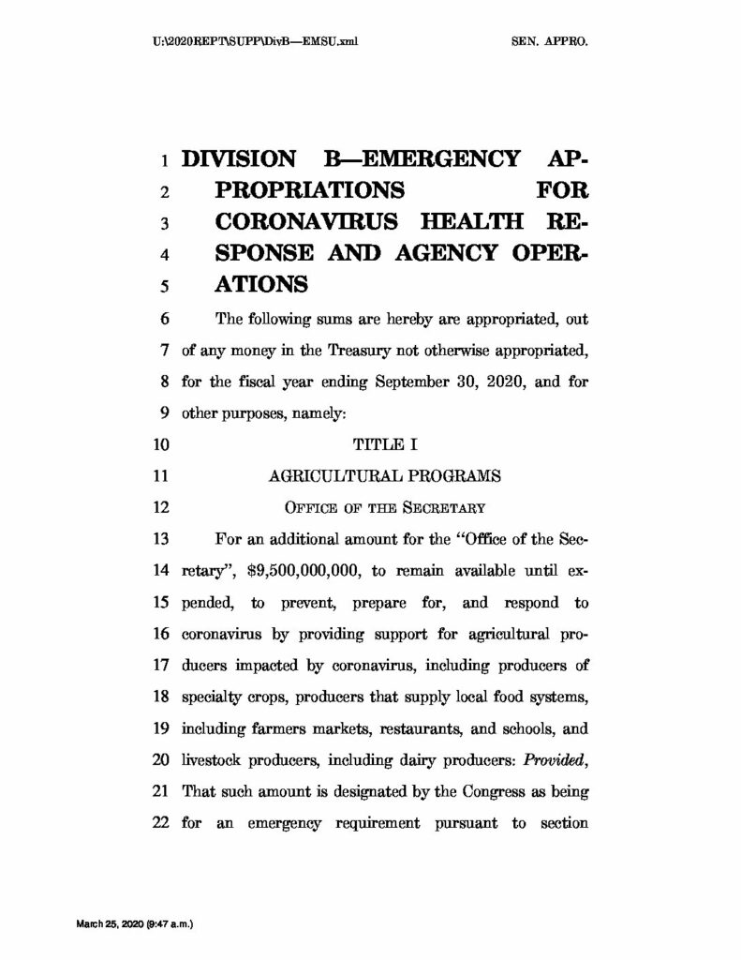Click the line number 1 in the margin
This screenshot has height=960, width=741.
pyautogui.click(x=163, y=159)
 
